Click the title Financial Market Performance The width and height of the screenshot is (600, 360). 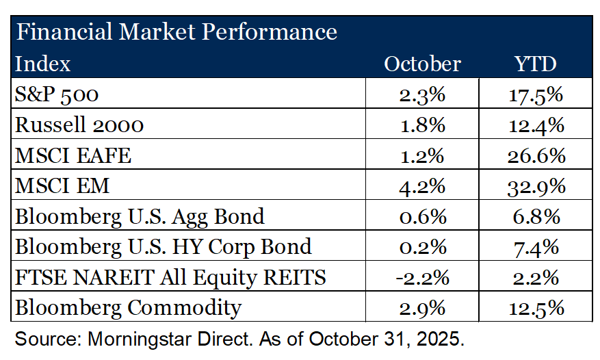click(176, 31)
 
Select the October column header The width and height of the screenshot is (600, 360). click(422, 64)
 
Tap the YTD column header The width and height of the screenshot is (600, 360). click(536, 64)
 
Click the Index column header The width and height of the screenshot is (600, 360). click(42, 64)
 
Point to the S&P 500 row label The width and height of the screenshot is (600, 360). click(57, 94)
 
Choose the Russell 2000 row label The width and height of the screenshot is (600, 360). click(79, 125)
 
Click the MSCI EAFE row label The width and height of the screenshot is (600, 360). click(73, 155)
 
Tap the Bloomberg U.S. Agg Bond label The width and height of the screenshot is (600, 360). click(140, 216)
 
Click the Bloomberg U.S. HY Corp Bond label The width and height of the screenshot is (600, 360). click(163, 246)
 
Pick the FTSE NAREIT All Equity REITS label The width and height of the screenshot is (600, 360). click(170, 277)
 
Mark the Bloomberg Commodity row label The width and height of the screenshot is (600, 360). click(128, 307)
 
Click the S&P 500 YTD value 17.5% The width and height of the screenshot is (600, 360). click(536, 94)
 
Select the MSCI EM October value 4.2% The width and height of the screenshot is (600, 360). click(423, 185)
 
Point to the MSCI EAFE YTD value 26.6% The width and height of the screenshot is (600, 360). click(536, 155)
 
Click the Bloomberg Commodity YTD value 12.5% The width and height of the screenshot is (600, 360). click(536, 307)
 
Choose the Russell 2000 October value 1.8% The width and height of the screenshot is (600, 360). click(423, 125)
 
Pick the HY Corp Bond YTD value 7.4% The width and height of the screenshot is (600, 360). click(536, 246)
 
